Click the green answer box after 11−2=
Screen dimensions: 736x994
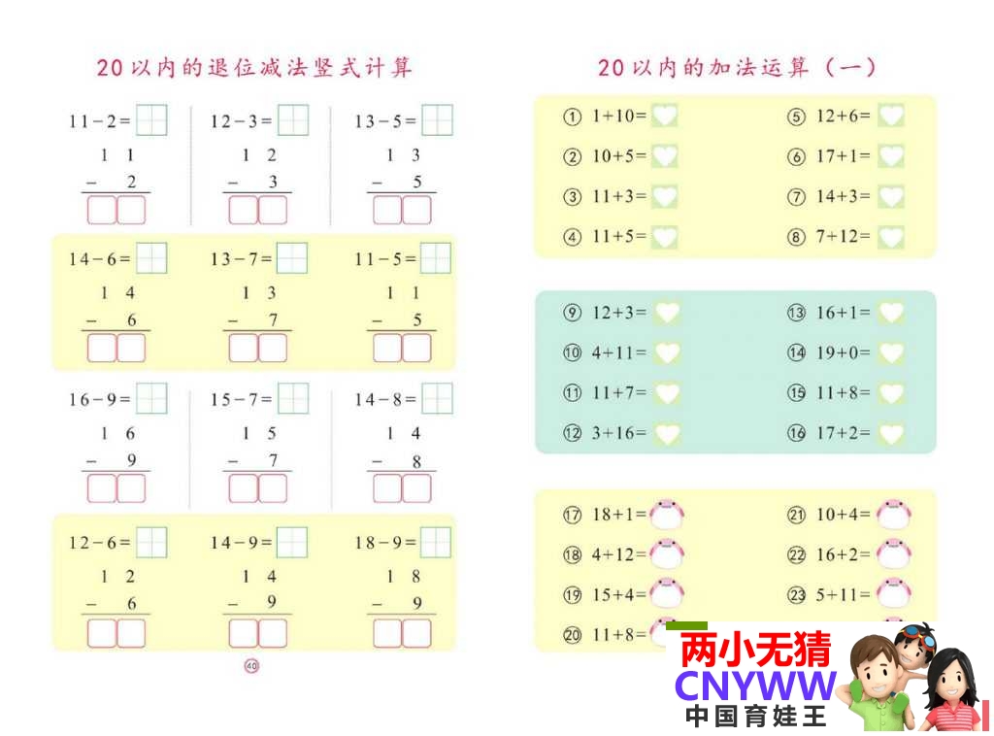pyautogui.click(x=151, y=120)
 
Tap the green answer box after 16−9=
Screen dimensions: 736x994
pyautogui.click(x=151, y=398)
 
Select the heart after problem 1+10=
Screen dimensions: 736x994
pyautogui.click(x=664, y=117)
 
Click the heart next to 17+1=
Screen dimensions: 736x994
pyautogui.click(x=890, y=156)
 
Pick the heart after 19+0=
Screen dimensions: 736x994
pyautogui.click(x=890, y=353)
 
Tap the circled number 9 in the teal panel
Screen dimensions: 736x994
pyautogui.click(x=573, y=313)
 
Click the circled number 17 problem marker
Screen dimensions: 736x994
pyautogui.click(x=573, y=515)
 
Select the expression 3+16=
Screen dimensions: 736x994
pyautogui.click(x=618, y=433)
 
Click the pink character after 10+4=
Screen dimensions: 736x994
pyautogui.click(x=892, y=514)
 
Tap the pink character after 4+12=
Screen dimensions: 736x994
pyautogui.click(x=667, y=554)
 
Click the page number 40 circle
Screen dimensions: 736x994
pyautogui.click(x=252, y=665)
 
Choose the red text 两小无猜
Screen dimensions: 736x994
pyautogui.click(x=755, y=649)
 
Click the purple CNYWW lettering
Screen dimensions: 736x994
pyautogui.click(x=755, y=686)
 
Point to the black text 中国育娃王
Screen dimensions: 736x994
pyautogui.click(x=755, y=718)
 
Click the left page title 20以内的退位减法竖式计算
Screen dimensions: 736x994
pyautogui.click(x=254, y=67)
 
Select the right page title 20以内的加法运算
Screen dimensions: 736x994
pyautogui.click(x=737, y=67)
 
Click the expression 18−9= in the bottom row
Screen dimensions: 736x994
pyautogui.click(x=384, y=543)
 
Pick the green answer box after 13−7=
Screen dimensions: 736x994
pyautogui.click(x=292, y=258)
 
